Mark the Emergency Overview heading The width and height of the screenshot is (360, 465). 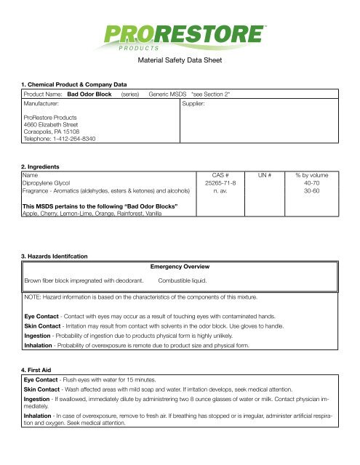point(179,267)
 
